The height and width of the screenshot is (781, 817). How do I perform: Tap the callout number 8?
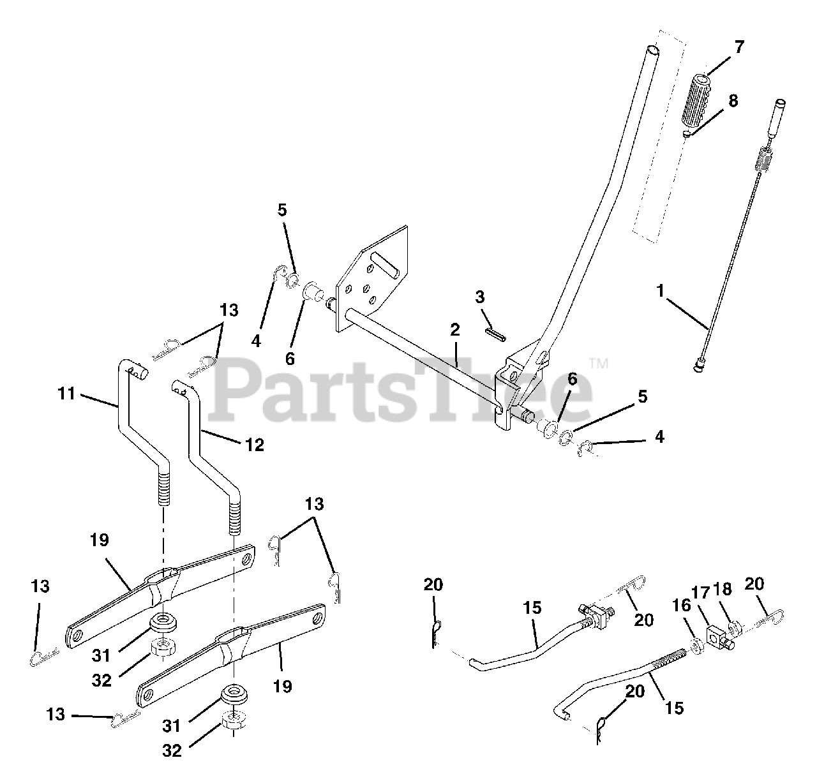coord(732,101)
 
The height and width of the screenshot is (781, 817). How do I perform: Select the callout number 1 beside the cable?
coord(660,291)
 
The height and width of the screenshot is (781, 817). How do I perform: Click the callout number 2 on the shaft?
coord(454,330)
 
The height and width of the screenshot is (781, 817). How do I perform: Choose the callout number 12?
coord(254,445)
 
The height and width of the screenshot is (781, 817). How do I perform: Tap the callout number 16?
coord(682,605)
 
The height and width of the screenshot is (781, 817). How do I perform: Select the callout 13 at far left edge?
coord(40,586)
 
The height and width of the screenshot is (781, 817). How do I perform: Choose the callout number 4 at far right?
coord(659,437)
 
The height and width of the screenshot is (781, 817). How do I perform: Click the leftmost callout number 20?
coord(433,585)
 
